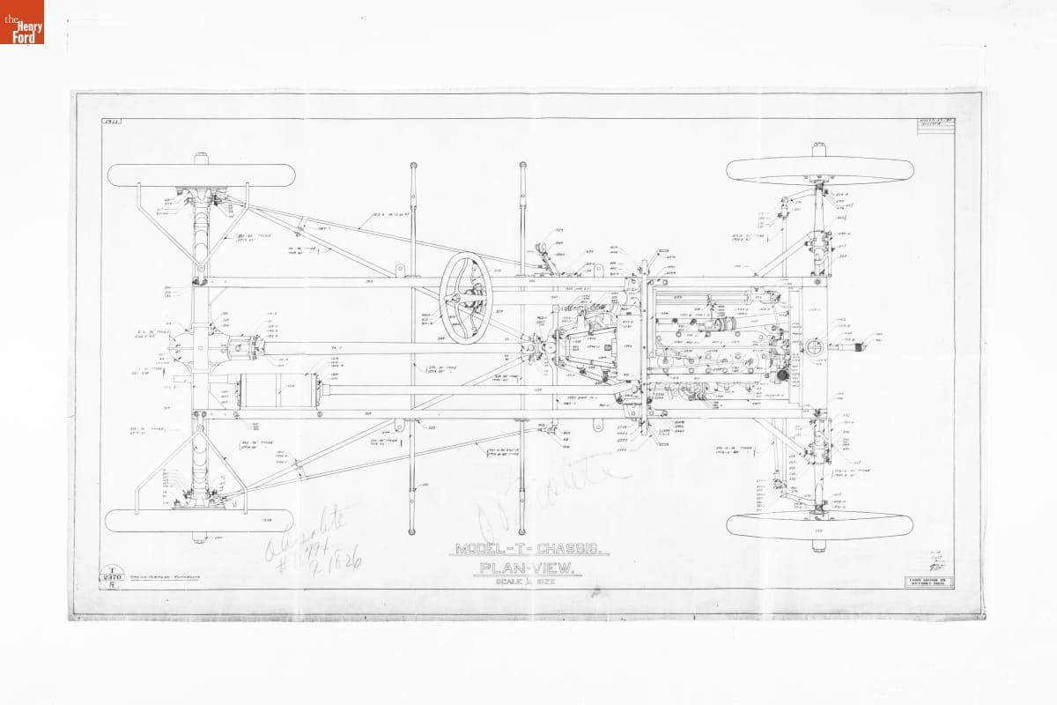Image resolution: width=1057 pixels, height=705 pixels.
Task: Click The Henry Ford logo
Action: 22,22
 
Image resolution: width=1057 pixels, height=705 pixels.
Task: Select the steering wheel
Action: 466,298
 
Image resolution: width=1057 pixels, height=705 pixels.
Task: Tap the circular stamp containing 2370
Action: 113,576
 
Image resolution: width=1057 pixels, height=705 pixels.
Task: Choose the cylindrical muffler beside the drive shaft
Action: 279,390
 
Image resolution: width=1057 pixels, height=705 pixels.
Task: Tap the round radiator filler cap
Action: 814,346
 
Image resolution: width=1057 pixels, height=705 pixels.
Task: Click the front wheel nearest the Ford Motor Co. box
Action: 819,526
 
